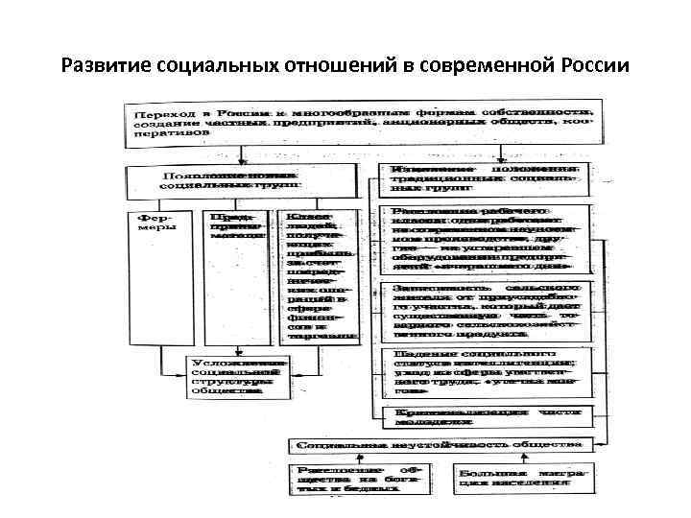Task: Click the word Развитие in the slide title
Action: point(102,67)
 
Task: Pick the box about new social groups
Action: point(232,179)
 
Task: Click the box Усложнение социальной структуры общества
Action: point(237,376)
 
